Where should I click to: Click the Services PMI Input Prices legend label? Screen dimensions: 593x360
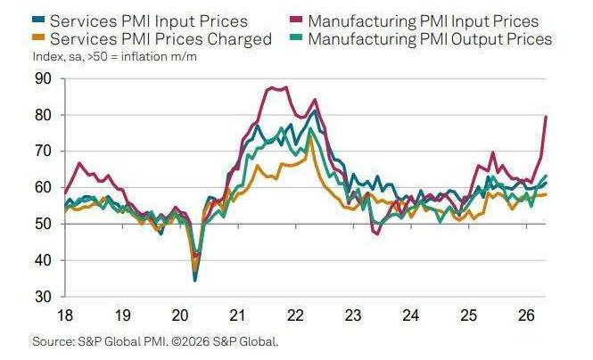(x=149, y=21)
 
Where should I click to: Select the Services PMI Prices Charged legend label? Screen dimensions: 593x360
(x=161, y=39)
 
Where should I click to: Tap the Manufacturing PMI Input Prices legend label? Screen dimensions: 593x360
(x=424, y=21)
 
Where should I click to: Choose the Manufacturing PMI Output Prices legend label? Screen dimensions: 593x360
(x=430, y=39)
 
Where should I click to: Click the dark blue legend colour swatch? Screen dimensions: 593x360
(x=38, y=19)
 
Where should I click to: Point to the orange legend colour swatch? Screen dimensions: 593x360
(x=38, y=37)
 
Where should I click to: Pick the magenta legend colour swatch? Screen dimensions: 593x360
(x=296, y=19)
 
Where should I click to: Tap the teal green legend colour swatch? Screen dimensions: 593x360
(x=296, y=37)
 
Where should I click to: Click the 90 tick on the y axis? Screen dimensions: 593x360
(x=43, y=79)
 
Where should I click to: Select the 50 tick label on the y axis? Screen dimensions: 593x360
(x=43, y=224)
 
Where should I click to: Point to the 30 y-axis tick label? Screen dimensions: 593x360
(x=43, y=297)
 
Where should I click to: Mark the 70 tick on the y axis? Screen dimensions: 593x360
(x=43, y=151)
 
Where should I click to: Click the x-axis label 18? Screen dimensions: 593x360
(x=65, y=315)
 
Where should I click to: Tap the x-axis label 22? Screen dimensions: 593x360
(x=295, y=315)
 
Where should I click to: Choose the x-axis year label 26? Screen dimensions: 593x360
(x=526, y=315)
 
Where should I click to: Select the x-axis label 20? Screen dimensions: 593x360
(x=180, y=315)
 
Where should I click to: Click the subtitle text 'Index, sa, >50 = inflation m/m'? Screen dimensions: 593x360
(x=115, y=57)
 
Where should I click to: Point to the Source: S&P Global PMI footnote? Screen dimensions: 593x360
(x=155, y=341)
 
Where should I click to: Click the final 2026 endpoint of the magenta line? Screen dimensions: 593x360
(x=546, y=117)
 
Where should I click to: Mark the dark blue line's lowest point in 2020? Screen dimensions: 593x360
(x=194, y=281)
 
